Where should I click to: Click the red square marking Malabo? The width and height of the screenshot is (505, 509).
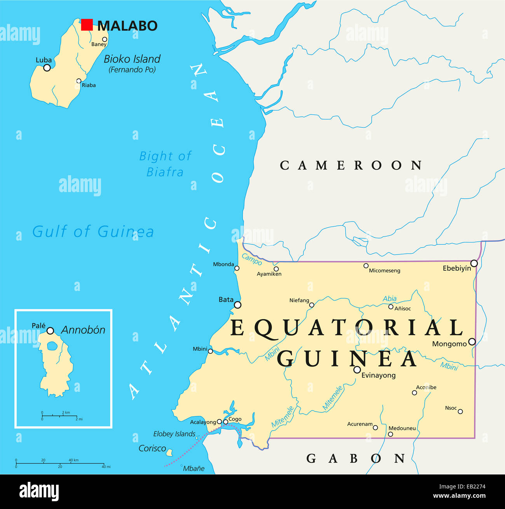tap(87, 25)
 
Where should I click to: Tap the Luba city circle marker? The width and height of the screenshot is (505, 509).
tap(47, 68)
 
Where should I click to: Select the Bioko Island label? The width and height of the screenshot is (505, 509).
tap(132, 59)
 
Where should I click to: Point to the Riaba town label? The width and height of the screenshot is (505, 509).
tap(89, 85)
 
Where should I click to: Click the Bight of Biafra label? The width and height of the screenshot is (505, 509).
tap(165, 164)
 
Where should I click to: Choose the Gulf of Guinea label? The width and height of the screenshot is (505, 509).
tap(93, 232)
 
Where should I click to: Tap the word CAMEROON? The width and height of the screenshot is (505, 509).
tap(351, 165)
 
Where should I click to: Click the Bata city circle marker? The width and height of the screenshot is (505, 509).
tap(237, 305)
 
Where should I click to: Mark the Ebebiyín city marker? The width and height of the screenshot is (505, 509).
tap(474, 264)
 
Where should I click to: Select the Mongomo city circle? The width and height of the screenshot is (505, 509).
tap(472, 342)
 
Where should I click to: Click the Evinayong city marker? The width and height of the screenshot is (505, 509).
tap(357, 370)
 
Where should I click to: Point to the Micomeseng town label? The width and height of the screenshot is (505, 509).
tap(384, 271)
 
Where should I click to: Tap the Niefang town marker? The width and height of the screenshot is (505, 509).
tap(312, 305)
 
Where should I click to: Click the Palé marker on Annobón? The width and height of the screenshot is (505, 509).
tap(50, 331)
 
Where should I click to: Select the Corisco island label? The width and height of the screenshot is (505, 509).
tap(152, 448)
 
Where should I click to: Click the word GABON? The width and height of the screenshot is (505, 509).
tap(355, 459)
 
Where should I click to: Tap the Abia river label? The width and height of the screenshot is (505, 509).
tap(390, 298)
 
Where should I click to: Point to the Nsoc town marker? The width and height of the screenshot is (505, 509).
tap(460, 412)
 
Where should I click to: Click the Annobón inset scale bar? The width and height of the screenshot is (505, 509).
tap(60, 416)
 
